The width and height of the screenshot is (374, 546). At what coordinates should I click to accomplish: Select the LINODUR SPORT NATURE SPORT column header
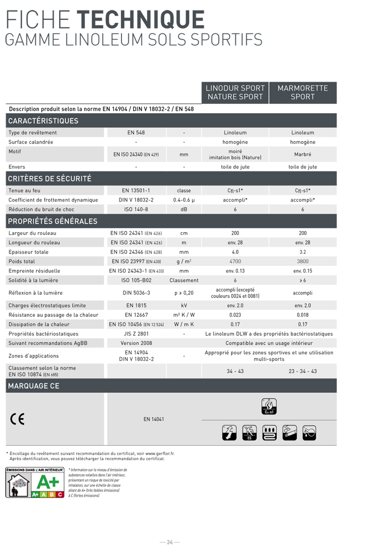[235, 92]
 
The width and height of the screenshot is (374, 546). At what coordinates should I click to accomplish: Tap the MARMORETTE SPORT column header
[303, 92]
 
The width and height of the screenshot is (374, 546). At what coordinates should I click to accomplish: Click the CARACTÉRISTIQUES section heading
[43, 121]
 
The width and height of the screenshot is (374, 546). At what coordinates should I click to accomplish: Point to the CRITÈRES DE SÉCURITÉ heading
[50, 179]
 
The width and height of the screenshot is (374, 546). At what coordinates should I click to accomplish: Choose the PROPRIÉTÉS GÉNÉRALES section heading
[53, 221]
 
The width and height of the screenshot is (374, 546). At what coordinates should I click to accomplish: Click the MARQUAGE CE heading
[34, 386]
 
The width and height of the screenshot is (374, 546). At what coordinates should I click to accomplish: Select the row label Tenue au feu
[24, 191]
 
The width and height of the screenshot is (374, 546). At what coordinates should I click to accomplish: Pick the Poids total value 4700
[235, 261]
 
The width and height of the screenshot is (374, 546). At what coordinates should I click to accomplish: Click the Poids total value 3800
[303, 261]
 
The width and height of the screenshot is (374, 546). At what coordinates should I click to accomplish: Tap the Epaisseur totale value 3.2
[303, 252]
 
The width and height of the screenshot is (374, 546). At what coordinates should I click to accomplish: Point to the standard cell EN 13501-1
[136, 191]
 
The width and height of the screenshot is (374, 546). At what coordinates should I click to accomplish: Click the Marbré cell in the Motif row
[303, 154]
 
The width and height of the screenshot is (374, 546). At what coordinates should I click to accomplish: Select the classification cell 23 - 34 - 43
[303, 371]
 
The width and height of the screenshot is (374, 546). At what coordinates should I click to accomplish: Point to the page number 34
[170, 542]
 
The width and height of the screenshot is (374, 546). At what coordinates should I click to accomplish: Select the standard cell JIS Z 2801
[136, 334]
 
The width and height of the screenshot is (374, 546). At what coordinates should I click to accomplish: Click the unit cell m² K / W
[184, 315]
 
